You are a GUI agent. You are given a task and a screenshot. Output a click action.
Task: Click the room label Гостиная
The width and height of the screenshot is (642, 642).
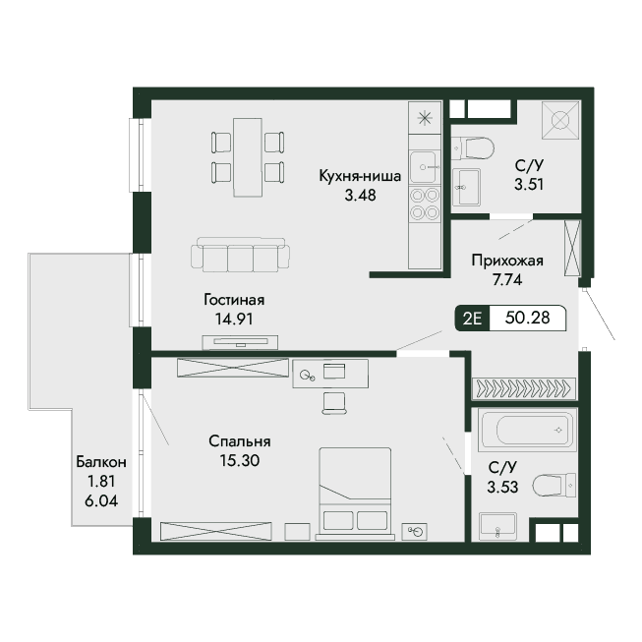[234, 300]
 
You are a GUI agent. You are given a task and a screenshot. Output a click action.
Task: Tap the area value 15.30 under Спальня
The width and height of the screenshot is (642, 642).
[240, 461]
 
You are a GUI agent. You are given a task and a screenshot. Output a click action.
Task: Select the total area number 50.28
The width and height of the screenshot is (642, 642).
[527, 318]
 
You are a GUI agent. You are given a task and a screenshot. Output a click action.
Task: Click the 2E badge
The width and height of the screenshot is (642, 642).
[472, 319]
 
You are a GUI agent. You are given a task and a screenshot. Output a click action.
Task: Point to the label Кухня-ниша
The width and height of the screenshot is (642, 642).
[360, 176]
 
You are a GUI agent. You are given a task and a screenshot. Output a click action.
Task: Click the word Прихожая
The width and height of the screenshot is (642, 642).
[507, 261]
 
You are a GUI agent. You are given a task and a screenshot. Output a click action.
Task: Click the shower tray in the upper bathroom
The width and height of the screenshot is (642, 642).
[560, 120]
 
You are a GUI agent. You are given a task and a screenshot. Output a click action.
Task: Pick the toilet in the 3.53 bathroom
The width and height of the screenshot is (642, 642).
[554, 485]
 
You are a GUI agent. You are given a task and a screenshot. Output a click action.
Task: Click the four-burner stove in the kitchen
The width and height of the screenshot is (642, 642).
[425, 204]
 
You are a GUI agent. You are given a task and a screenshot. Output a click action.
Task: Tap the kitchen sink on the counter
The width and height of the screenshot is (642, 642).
[424, 166]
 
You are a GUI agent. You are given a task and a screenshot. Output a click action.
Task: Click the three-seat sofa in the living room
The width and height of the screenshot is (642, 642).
[240, 255]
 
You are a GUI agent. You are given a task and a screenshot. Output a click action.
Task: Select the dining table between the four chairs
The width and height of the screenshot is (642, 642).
[248, 157]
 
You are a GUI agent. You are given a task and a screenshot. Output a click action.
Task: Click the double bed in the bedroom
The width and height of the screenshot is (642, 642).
[355, 494]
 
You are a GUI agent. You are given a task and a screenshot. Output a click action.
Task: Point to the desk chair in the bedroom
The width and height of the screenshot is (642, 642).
[333, 403]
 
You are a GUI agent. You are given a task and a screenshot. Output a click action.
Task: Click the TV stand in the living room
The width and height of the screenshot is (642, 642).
[240, 342]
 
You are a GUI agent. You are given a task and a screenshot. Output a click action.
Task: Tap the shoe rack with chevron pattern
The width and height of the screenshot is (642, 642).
[524, 388]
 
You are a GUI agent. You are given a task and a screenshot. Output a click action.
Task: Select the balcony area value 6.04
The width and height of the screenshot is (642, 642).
[101, 500]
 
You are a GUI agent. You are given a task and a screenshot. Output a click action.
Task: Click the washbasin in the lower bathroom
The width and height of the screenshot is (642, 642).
[497, 526]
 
